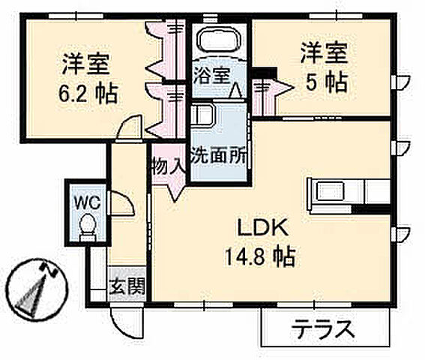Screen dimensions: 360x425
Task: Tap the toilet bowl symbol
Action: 87,224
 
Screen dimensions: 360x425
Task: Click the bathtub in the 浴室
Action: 220,42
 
